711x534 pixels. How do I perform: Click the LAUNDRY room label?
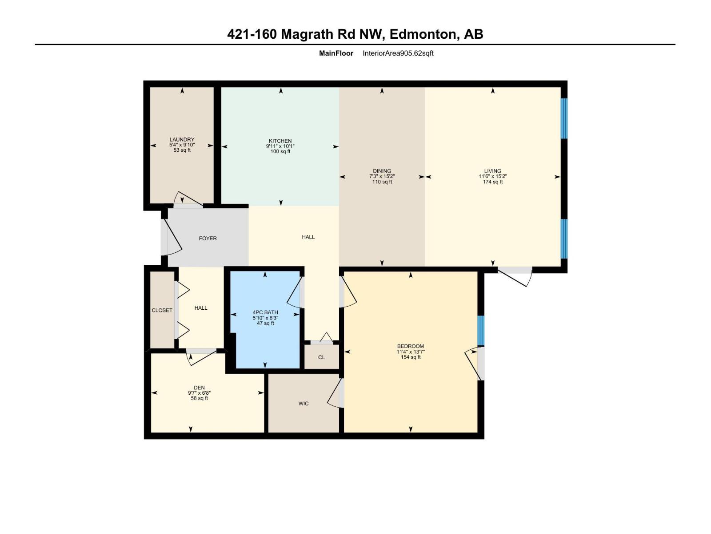click(182, 140)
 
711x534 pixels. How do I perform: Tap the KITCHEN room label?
click(280, 141)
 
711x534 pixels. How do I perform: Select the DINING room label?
click(382, 171)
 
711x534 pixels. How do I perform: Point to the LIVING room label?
click(492, 171)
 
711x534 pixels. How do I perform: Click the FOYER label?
click(208, 239)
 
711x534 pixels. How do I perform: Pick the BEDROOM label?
click(410, 346)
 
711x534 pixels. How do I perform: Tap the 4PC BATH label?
click(265, 312)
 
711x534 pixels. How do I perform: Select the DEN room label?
click(199, 388)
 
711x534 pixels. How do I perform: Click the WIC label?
click(304, 404)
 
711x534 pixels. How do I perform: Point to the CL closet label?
click(321, 357)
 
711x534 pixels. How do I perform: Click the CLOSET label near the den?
click(162, 310)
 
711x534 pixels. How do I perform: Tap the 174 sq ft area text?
click(492, 182)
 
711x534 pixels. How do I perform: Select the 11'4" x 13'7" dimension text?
click(410, 352)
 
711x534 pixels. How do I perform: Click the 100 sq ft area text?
click(280, 152)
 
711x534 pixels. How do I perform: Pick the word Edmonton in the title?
click(425, 34)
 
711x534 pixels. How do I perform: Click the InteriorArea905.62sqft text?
click(398, 53)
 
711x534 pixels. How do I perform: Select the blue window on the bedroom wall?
click(480, 330)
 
